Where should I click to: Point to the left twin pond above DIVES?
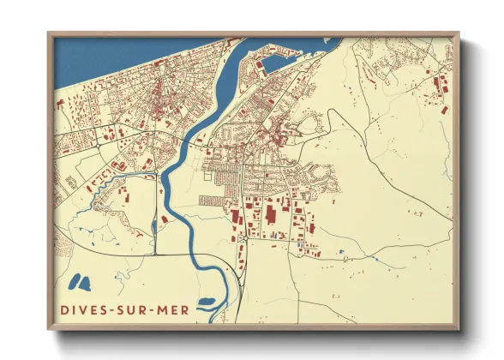(74, 280)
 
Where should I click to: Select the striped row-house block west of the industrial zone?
(212, 201)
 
